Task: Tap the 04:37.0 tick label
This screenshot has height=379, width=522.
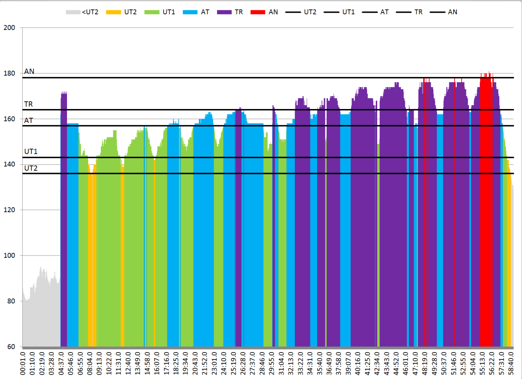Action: pos(62,363)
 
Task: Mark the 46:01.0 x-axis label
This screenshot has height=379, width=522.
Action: pos(407,363)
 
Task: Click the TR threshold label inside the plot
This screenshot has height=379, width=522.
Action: pos(29,104)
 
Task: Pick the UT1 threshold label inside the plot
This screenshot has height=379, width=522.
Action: pos(31,152)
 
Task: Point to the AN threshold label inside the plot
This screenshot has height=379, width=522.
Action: pos(29,71)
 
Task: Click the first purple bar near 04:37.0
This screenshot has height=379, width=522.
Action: pos(64,217)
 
